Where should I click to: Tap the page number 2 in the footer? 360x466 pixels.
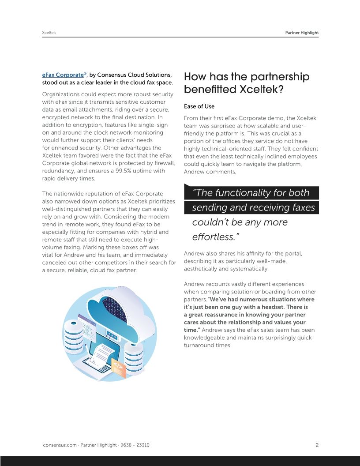(317, 445)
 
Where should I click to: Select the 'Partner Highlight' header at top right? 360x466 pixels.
(299, 33)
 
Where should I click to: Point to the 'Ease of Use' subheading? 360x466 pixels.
(199, 106)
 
